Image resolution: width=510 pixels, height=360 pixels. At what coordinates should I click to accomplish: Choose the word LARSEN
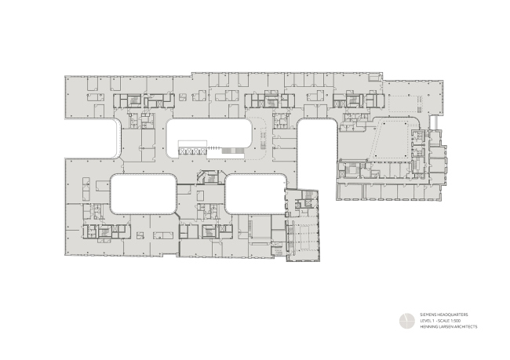(x=446, y=326)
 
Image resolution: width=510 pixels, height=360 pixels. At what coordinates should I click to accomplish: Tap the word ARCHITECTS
(x=465, y=326)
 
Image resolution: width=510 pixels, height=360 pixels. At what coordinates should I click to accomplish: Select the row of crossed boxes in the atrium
(x=192, y=150)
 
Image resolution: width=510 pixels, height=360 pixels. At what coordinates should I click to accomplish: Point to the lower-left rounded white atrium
(x=143, y=194)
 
